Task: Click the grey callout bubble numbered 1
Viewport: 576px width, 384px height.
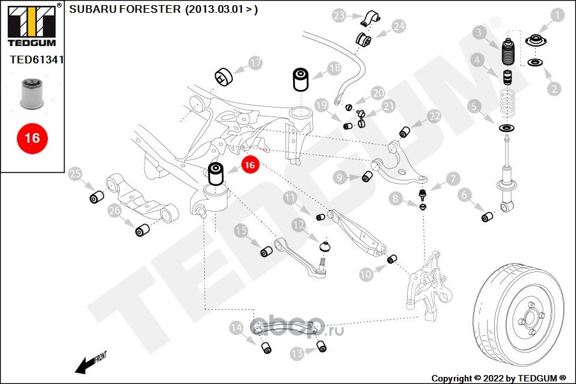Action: pyautogui.click(x=557, y=14)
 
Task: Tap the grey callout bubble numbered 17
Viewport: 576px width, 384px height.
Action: pyautogui.click(x=255, y=63)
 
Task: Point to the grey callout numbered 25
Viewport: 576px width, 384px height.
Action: pyautogui.click(x=76, y=174)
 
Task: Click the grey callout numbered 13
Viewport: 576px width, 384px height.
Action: pyautogui.click(x=296, y=353)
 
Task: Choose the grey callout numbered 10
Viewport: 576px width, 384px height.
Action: pyautogui.click(x=365, y=275)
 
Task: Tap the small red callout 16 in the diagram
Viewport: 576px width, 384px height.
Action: pyautogui.click(x=250, y=164)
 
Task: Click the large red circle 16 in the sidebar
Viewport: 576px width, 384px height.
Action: pyautogui.click(x=31, y=138)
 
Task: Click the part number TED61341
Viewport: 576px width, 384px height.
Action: pyautogui.click(x=37, y=60)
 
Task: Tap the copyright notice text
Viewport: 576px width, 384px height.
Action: pyautogui.click(x=499, y=378)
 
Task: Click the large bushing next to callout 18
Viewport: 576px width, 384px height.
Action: pyautogui.click(x=301, y=79)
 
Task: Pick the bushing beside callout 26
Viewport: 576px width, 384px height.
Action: pyautogui.click(x=143, y=228)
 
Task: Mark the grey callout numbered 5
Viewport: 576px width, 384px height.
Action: pyautogui.click(x=474, y=106)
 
